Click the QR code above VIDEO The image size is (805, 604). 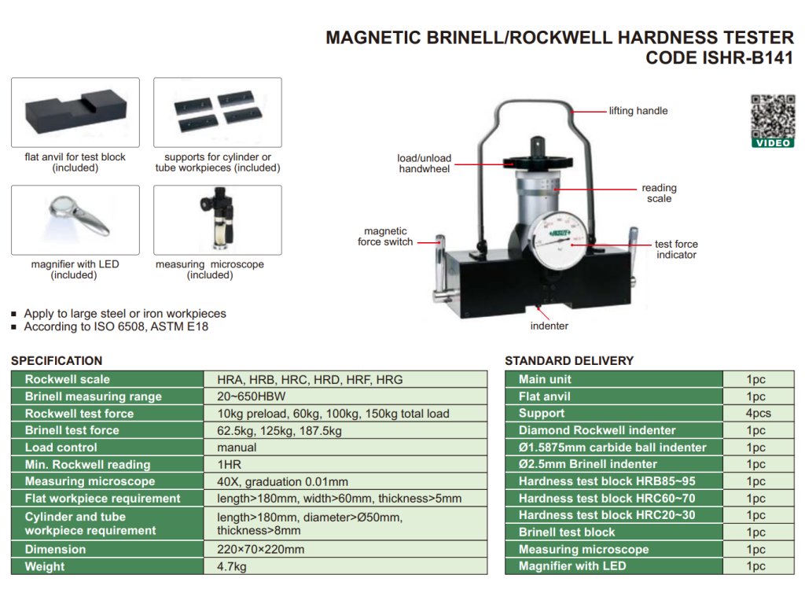pos(772,116)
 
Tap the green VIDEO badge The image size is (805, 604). pos(772,143)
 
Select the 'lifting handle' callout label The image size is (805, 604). pos(638,111)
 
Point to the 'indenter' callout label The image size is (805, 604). pos(549,326)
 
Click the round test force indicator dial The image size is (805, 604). pos(559,239)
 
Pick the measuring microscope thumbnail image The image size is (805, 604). pos(217,220)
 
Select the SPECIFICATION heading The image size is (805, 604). pos(57,361)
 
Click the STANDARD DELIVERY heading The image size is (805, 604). pos(569,361)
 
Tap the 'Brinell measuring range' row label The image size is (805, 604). pos(93,396)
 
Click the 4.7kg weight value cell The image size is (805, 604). pos(232,566)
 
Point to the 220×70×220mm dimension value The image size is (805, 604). pos(260,549)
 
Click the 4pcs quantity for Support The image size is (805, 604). pos(758,413)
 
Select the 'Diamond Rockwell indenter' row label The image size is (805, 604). pos(597,430)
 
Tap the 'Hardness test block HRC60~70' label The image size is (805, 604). pos(607,498)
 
